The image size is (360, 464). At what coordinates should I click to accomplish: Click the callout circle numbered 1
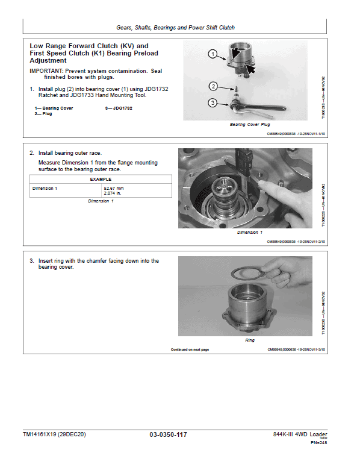(x=213, y=54)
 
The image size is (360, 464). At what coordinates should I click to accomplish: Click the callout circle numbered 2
(x=213, y=86)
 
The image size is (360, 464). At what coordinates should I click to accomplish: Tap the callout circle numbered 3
(x=213, y=102)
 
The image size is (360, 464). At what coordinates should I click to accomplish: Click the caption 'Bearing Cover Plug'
(x=250, y=125)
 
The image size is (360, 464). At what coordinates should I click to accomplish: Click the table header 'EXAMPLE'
(x=101, y=179)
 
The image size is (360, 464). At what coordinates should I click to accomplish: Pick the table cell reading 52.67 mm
(x=114, y=188)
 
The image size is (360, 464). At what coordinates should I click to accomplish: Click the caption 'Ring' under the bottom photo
(x=250, y=340)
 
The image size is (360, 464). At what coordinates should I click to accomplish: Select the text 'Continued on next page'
(x=190, y=350)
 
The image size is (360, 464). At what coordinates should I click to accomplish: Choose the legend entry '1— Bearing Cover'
(x=54, y=108)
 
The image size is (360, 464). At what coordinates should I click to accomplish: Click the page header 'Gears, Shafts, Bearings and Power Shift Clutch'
(x=176, y=27)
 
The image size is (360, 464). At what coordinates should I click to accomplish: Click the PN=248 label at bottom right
(x=318, y=444)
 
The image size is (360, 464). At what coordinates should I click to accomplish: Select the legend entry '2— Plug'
(x=43, y=113)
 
